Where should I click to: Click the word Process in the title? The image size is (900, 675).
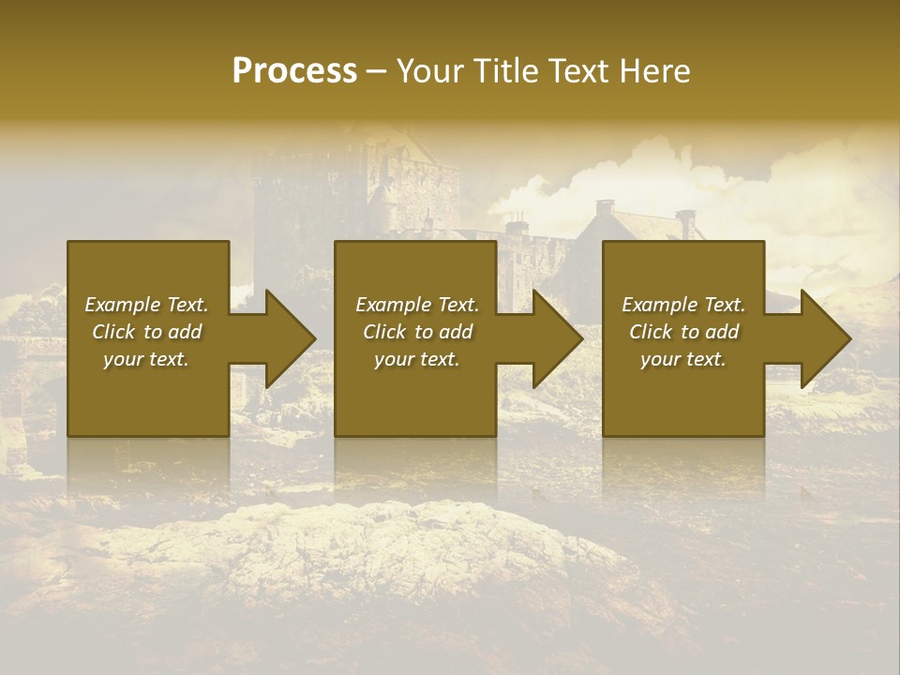(294, 71)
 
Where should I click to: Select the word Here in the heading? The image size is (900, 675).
(653, 71)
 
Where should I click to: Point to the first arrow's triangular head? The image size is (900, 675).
(289, 338)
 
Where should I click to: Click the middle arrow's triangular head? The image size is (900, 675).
(556, 338)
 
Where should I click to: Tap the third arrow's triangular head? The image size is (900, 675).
(824, 338)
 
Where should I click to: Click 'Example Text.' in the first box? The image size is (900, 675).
(146, 305)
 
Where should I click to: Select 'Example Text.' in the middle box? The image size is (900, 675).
(417, 305)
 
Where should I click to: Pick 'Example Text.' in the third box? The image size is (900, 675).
(683, 305)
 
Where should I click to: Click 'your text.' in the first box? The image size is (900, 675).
(146, 359)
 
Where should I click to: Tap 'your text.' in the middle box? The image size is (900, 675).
(417, 359)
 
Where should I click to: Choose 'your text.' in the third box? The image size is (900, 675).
(683, 359)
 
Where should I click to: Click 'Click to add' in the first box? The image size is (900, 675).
(146, 332)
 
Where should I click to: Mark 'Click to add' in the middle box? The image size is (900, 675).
(417, 332)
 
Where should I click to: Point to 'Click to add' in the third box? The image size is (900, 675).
(683, 332)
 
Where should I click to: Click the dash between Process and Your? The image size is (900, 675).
(376, 72)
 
